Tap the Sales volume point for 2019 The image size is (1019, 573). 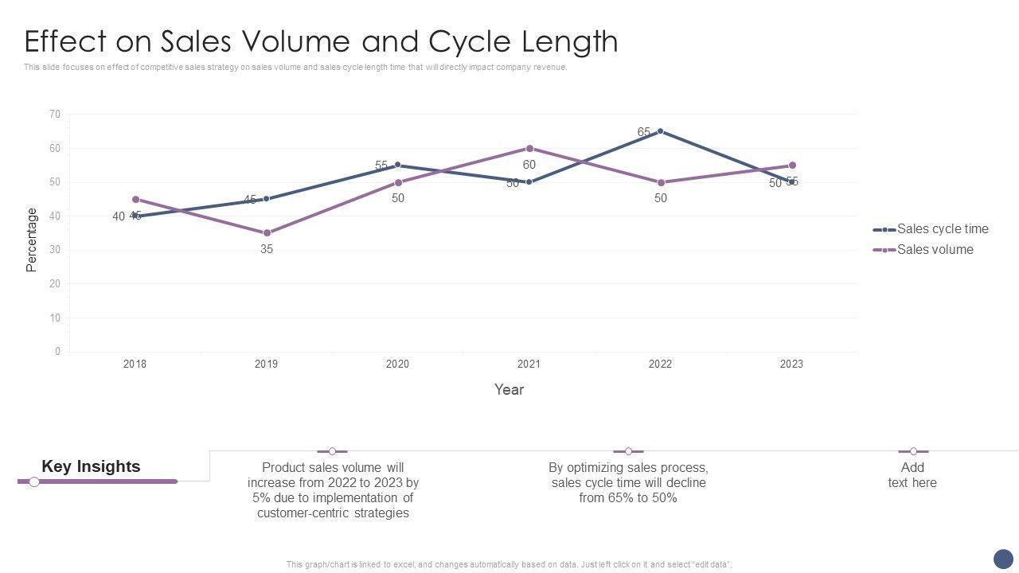(267, 233)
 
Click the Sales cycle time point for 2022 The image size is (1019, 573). (660, 131)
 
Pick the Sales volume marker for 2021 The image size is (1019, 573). (529, 149)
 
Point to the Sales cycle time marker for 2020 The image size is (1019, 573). (398, 166)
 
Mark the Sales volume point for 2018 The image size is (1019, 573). (135, 200)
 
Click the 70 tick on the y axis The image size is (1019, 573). (54, 115)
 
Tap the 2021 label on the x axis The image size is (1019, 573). (529, 364)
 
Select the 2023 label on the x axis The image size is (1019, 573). (791, 364)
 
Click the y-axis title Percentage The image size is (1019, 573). (32, 240)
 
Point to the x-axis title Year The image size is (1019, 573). (509, 390)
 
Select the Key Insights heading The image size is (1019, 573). (91, 467)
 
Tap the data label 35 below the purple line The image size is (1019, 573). (267, 249)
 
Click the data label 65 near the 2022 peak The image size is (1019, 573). (644, 132)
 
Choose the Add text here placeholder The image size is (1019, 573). (912, 475)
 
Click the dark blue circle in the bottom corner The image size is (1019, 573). (1003, 558)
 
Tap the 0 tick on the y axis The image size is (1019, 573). (57, 352)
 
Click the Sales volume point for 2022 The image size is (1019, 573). (661, 183)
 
